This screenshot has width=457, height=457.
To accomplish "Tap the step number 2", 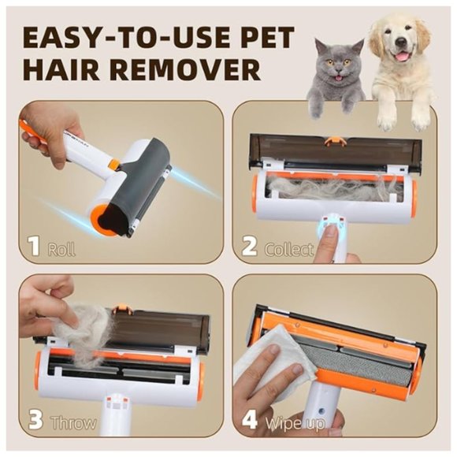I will (249, 247).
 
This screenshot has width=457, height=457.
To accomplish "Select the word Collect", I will (288, 249).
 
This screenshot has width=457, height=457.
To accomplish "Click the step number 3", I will (34, 421).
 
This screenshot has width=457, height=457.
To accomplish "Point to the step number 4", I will (249, 419).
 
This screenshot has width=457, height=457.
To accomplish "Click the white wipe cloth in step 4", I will (272, 370).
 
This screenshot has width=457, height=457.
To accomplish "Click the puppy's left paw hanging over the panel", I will (386, 116).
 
